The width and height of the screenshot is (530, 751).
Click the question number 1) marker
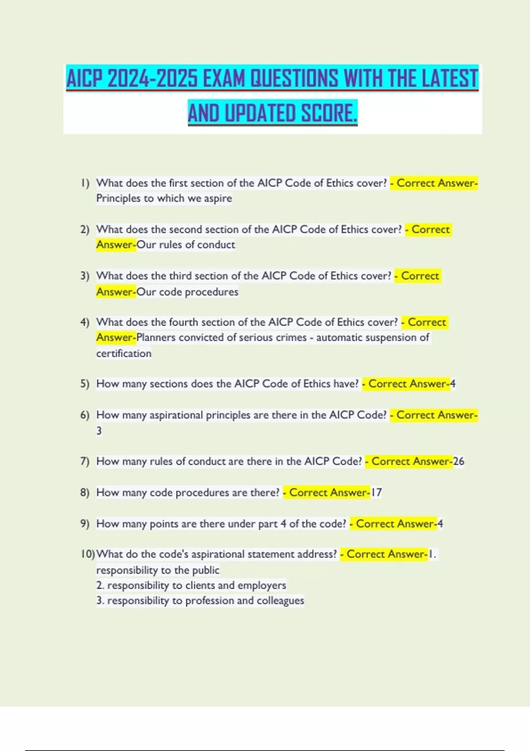pos(85,183)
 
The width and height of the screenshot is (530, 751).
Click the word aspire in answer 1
pos(218,198)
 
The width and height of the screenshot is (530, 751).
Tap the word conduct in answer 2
pos(216,245)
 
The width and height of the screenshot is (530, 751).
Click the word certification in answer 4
pos(124,353)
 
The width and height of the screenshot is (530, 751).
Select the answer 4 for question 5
pos(453,384)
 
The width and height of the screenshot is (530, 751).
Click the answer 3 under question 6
pos(99,431)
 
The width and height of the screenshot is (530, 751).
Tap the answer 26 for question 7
pos(458,461)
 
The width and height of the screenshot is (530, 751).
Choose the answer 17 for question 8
pos(376,493)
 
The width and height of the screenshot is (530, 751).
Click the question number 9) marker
pos(85,523)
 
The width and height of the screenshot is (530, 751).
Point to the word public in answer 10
pos(205,570)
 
